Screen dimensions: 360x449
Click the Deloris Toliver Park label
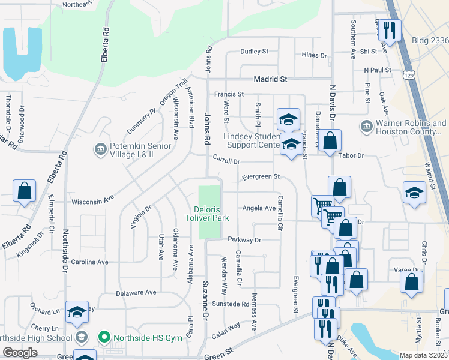tap(211, 214)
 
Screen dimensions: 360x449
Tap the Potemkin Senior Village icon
tap(100, 148)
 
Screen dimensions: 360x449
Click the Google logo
tap(20, 352)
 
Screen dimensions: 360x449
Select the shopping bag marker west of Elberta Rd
tap(25, 192)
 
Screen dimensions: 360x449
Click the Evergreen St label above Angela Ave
tap(261, 176)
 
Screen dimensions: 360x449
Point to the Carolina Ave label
tap(89, 262)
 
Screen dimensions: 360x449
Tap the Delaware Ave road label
tap(136, 293)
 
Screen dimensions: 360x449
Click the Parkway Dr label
tap(245, 239)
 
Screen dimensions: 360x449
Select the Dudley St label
tap(255, 52)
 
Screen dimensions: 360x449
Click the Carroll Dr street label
tap(226, 161)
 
